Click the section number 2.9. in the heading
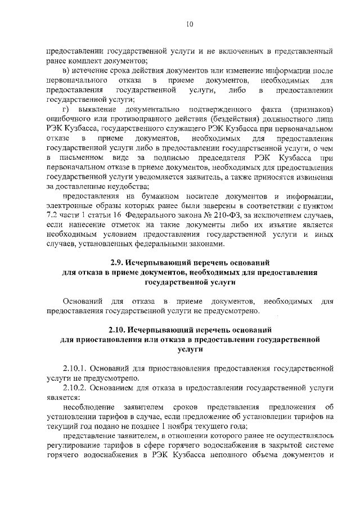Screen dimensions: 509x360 117,263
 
